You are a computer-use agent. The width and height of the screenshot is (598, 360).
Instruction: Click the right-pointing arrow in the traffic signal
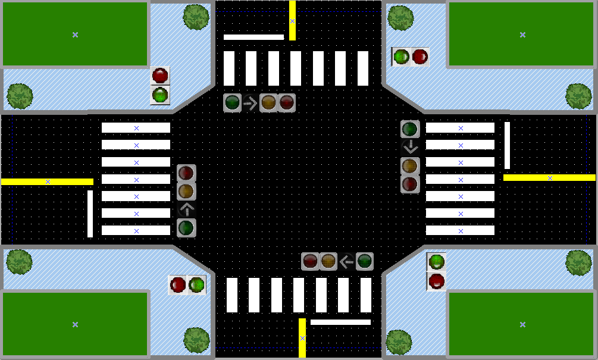(251, 103)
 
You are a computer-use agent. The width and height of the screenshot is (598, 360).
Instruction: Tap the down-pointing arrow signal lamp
(410, 147)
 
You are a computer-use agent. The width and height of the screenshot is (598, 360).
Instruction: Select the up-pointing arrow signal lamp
(186, 209)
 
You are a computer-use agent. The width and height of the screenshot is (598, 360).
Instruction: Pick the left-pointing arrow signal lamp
(346, 261)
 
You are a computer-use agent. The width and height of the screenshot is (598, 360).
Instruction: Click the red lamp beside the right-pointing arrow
(287, 103)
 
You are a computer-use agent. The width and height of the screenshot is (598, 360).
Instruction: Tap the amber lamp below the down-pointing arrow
(410, 165)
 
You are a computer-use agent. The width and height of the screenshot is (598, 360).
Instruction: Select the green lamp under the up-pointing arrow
(186, 227)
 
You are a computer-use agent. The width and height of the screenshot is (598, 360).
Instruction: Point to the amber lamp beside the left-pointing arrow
(328, 261)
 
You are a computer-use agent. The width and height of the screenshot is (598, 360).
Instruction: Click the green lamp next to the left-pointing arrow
(365, 261)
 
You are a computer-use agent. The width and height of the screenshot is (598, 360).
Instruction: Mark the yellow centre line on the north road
(292, 21)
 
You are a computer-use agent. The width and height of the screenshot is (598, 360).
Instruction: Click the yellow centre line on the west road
(48, 181)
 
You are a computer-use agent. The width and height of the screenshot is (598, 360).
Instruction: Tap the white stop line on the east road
(508, 145)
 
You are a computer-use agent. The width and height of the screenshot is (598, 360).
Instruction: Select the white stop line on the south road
(340, 322)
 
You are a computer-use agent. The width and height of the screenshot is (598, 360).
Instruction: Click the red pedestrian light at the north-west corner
(160, 76)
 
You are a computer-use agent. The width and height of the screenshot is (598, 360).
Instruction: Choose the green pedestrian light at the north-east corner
(401, 57)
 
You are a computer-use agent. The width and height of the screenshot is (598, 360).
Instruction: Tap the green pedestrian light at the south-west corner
(196, 285)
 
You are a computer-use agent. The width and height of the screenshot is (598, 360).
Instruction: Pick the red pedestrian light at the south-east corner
(437, 280)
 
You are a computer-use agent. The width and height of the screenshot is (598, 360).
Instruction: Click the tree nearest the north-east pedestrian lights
(400, 18)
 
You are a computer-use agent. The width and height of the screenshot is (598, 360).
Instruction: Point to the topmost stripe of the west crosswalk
(136, 128)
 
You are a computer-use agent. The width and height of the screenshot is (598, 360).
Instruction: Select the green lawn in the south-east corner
(522, 324)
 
